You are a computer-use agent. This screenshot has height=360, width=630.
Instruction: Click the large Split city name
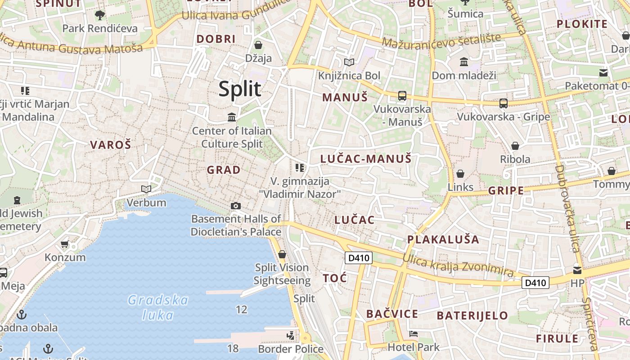[239, 89]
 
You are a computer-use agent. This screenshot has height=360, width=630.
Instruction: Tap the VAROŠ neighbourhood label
[110, 145]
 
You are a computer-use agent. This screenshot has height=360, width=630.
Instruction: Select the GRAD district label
[223, 170]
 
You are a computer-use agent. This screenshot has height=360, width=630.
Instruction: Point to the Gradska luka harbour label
[158, 307]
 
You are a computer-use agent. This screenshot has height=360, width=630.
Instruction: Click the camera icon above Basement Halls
[235, 206]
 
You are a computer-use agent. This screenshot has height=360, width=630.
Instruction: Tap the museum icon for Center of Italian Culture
[232, 117]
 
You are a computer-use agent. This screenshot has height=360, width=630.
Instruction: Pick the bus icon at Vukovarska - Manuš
[402, 96]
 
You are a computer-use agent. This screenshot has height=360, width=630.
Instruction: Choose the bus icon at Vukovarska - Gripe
[503, 103]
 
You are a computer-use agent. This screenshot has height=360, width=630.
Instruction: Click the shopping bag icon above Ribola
[515, 146]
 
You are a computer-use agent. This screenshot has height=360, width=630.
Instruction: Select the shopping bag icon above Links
[460, 173]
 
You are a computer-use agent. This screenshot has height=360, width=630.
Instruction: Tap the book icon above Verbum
[146, 189]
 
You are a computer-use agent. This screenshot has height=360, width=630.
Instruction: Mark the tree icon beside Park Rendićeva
[99, 15]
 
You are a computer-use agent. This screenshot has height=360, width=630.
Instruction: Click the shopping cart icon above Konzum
[64, 244]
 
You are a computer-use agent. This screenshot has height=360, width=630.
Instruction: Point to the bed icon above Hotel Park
[414, 334]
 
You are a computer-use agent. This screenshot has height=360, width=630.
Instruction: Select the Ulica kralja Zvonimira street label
[458, 265]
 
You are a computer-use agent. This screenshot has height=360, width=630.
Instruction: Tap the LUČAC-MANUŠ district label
[365, 158]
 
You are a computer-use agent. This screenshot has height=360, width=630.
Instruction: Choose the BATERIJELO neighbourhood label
[472, 315]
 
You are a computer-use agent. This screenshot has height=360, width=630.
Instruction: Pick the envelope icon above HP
[577, 270]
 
